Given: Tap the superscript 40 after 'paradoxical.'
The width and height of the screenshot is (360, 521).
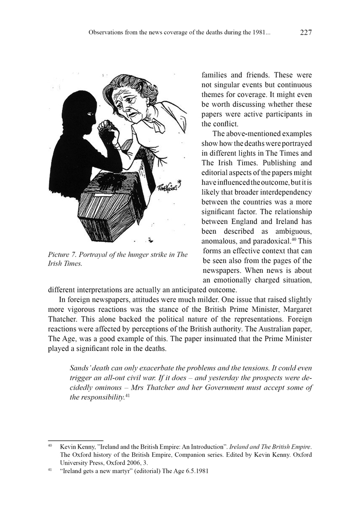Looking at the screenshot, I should coord(293,239).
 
